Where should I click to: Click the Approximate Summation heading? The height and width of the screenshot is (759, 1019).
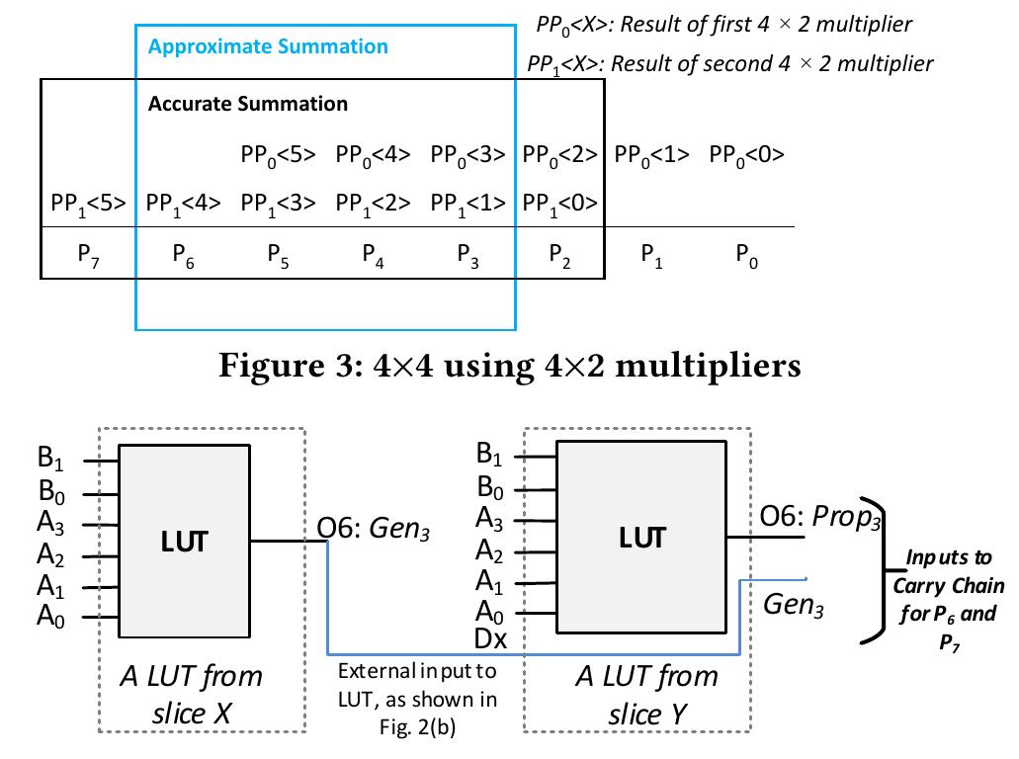[x=268, y=46]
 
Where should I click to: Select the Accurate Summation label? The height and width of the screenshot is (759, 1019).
[x=247, y=104]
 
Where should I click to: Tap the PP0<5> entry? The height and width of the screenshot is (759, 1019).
[x=278, y=155]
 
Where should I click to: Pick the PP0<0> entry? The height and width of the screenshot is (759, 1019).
[x=746, y=155]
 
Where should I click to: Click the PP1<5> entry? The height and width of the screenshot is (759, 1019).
[x=88, y=204]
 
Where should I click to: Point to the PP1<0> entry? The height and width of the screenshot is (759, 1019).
[x=559, y=204]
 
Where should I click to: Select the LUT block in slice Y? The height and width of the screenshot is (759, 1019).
[x=641, y=538]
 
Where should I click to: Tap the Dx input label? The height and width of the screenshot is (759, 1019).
[x=490, y=639]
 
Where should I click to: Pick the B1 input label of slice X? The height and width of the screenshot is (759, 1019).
[x=51, y=458]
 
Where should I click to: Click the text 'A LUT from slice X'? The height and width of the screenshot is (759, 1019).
[x=192, y=694]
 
